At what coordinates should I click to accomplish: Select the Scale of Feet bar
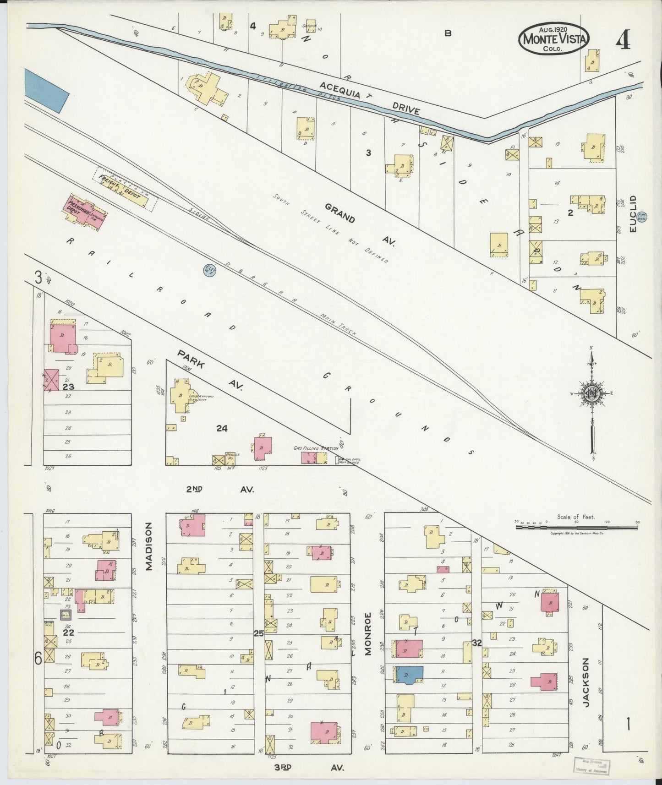coord(576,528)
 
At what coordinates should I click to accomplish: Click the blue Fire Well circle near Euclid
coord(643,217)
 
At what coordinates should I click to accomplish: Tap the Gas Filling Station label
coord(316,448)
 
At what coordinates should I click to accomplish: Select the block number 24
coord(222,428)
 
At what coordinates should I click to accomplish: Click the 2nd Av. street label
coord(220,489)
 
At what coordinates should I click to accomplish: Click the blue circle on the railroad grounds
coord(210,270)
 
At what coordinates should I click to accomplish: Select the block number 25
coord(259,633)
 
